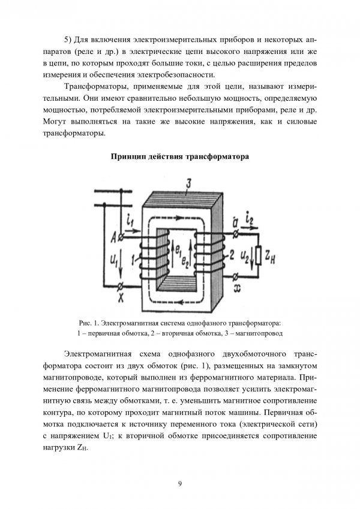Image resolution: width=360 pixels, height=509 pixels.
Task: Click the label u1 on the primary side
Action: pyautogui.click(x=116, y=258)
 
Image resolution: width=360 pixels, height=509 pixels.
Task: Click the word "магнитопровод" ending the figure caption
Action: pyautogui.click(x=258, y=332)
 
